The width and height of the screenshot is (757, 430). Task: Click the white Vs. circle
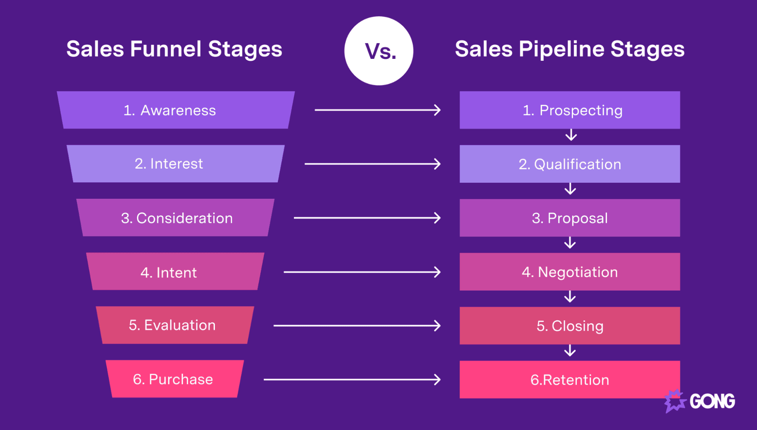click(379, 50)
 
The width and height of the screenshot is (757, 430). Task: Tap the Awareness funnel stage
click(176, 110)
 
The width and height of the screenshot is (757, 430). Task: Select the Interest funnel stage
click(176, 164)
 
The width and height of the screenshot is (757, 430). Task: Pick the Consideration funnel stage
click(176, 217)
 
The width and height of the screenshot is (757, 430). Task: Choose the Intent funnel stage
click(176, 271)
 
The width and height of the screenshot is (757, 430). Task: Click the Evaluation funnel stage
click(175, 325)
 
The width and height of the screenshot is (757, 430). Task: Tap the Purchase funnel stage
click(175, 379)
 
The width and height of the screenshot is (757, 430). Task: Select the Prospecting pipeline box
click(570, 110)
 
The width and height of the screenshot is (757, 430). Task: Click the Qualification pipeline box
click(570, 164)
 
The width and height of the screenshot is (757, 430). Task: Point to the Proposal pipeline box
click(570, 218)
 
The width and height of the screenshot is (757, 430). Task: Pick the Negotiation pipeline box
click(570, 272)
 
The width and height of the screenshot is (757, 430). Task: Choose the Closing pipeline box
click(570, 326)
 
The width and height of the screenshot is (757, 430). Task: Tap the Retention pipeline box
click(570, 380)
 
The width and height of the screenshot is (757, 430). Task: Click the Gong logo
click(700, 401)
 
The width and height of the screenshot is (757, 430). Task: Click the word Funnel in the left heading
click(166, 49)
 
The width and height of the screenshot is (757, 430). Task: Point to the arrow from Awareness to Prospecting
click(378, 110)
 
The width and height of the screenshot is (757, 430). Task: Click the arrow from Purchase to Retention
click(352, 380)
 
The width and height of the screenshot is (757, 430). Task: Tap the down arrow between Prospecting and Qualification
click(571, 135)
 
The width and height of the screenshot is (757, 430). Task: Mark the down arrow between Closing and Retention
click(570, 350)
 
